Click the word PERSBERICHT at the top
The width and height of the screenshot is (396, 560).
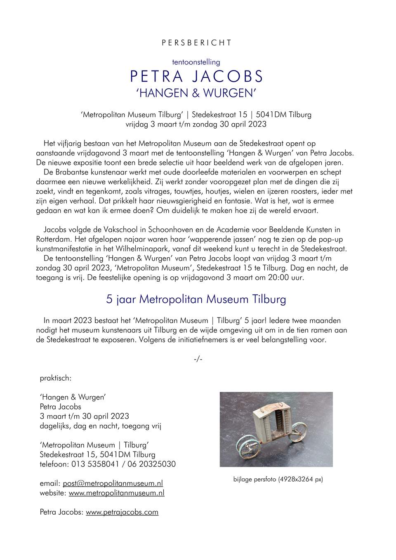point(196,43)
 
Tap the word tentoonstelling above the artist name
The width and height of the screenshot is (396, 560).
point(196,62)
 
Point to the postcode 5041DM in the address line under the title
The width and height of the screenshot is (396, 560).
point(271,115)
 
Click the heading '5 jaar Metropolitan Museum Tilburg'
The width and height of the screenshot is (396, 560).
point(196,299)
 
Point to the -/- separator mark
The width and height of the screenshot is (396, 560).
point(198,359)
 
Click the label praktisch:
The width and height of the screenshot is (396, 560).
point(56,378)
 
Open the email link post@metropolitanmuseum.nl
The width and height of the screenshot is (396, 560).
point(113,483)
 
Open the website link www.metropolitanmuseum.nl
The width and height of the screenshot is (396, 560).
point(116,493)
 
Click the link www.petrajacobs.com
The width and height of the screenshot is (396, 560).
point(122,512)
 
